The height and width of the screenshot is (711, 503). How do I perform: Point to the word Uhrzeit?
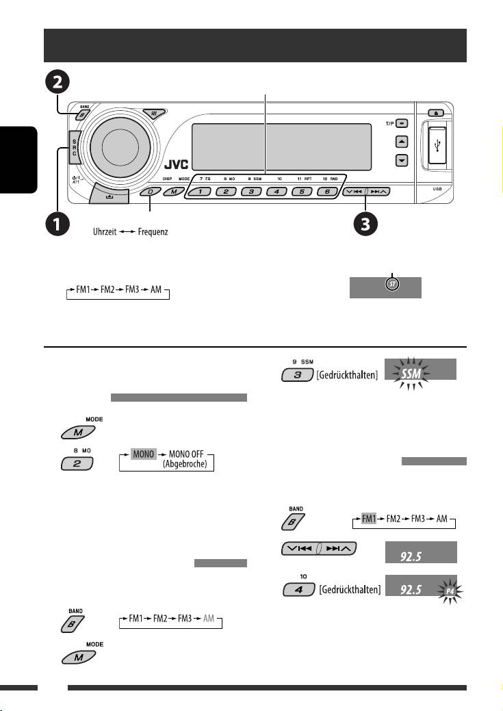pos(107,233)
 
